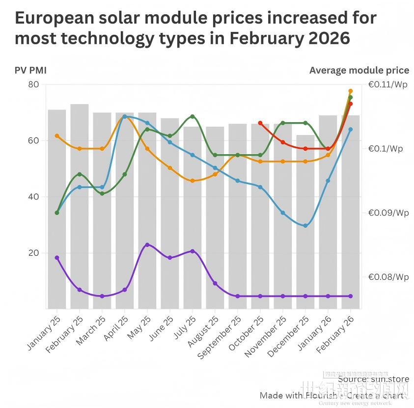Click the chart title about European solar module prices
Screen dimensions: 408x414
(x=195, y=28)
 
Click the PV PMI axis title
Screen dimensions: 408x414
(x=30, y=70)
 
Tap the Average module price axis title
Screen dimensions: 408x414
(x=359, y=70)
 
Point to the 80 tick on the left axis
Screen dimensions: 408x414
(x=33, y=84)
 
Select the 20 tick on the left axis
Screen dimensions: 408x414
(x=33, y=253)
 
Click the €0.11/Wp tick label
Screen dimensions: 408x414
(x=388, y=84)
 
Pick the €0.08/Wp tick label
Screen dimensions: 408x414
(x=388, y=277)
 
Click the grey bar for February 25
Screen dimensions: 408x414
(x=80, y=206)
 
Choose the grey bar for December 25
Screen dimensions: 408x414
(x=305, y=221)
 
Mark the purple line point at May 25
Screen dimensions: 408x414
(x=147, y=245)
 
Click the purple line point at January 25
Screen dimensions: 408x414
(x=57, y=258)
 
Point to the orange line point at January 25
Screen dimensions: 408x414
(x=57, y=136)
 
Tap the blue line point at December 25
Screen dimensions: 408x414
(x=305, y=226)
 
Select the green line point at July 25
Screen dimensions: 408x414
(x=193, y=116)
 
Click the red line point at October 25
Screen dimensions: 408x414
(x=260, y=123)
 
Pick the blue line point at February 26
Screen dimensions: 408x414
(x=351, y=129)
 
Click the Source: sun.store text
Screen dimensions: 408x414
(x=373, y=379)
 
